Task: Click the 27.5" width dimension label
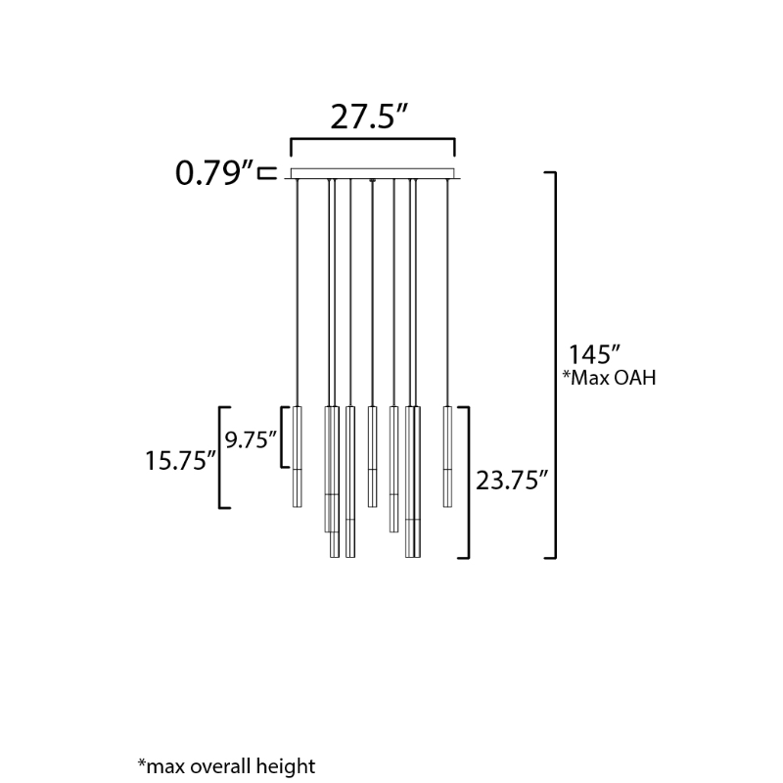370,116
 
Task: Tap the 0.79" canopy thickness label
214,173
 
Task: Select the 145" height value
594,354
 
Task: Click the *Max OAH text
609,378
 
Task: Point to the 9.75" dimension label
251,439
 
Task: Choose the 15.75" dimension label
181,460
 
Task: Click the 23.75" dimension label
512,481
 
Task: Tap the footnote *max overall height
226,766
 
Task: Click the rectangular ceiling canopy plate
373,173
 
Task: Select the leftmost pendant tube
298,457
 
